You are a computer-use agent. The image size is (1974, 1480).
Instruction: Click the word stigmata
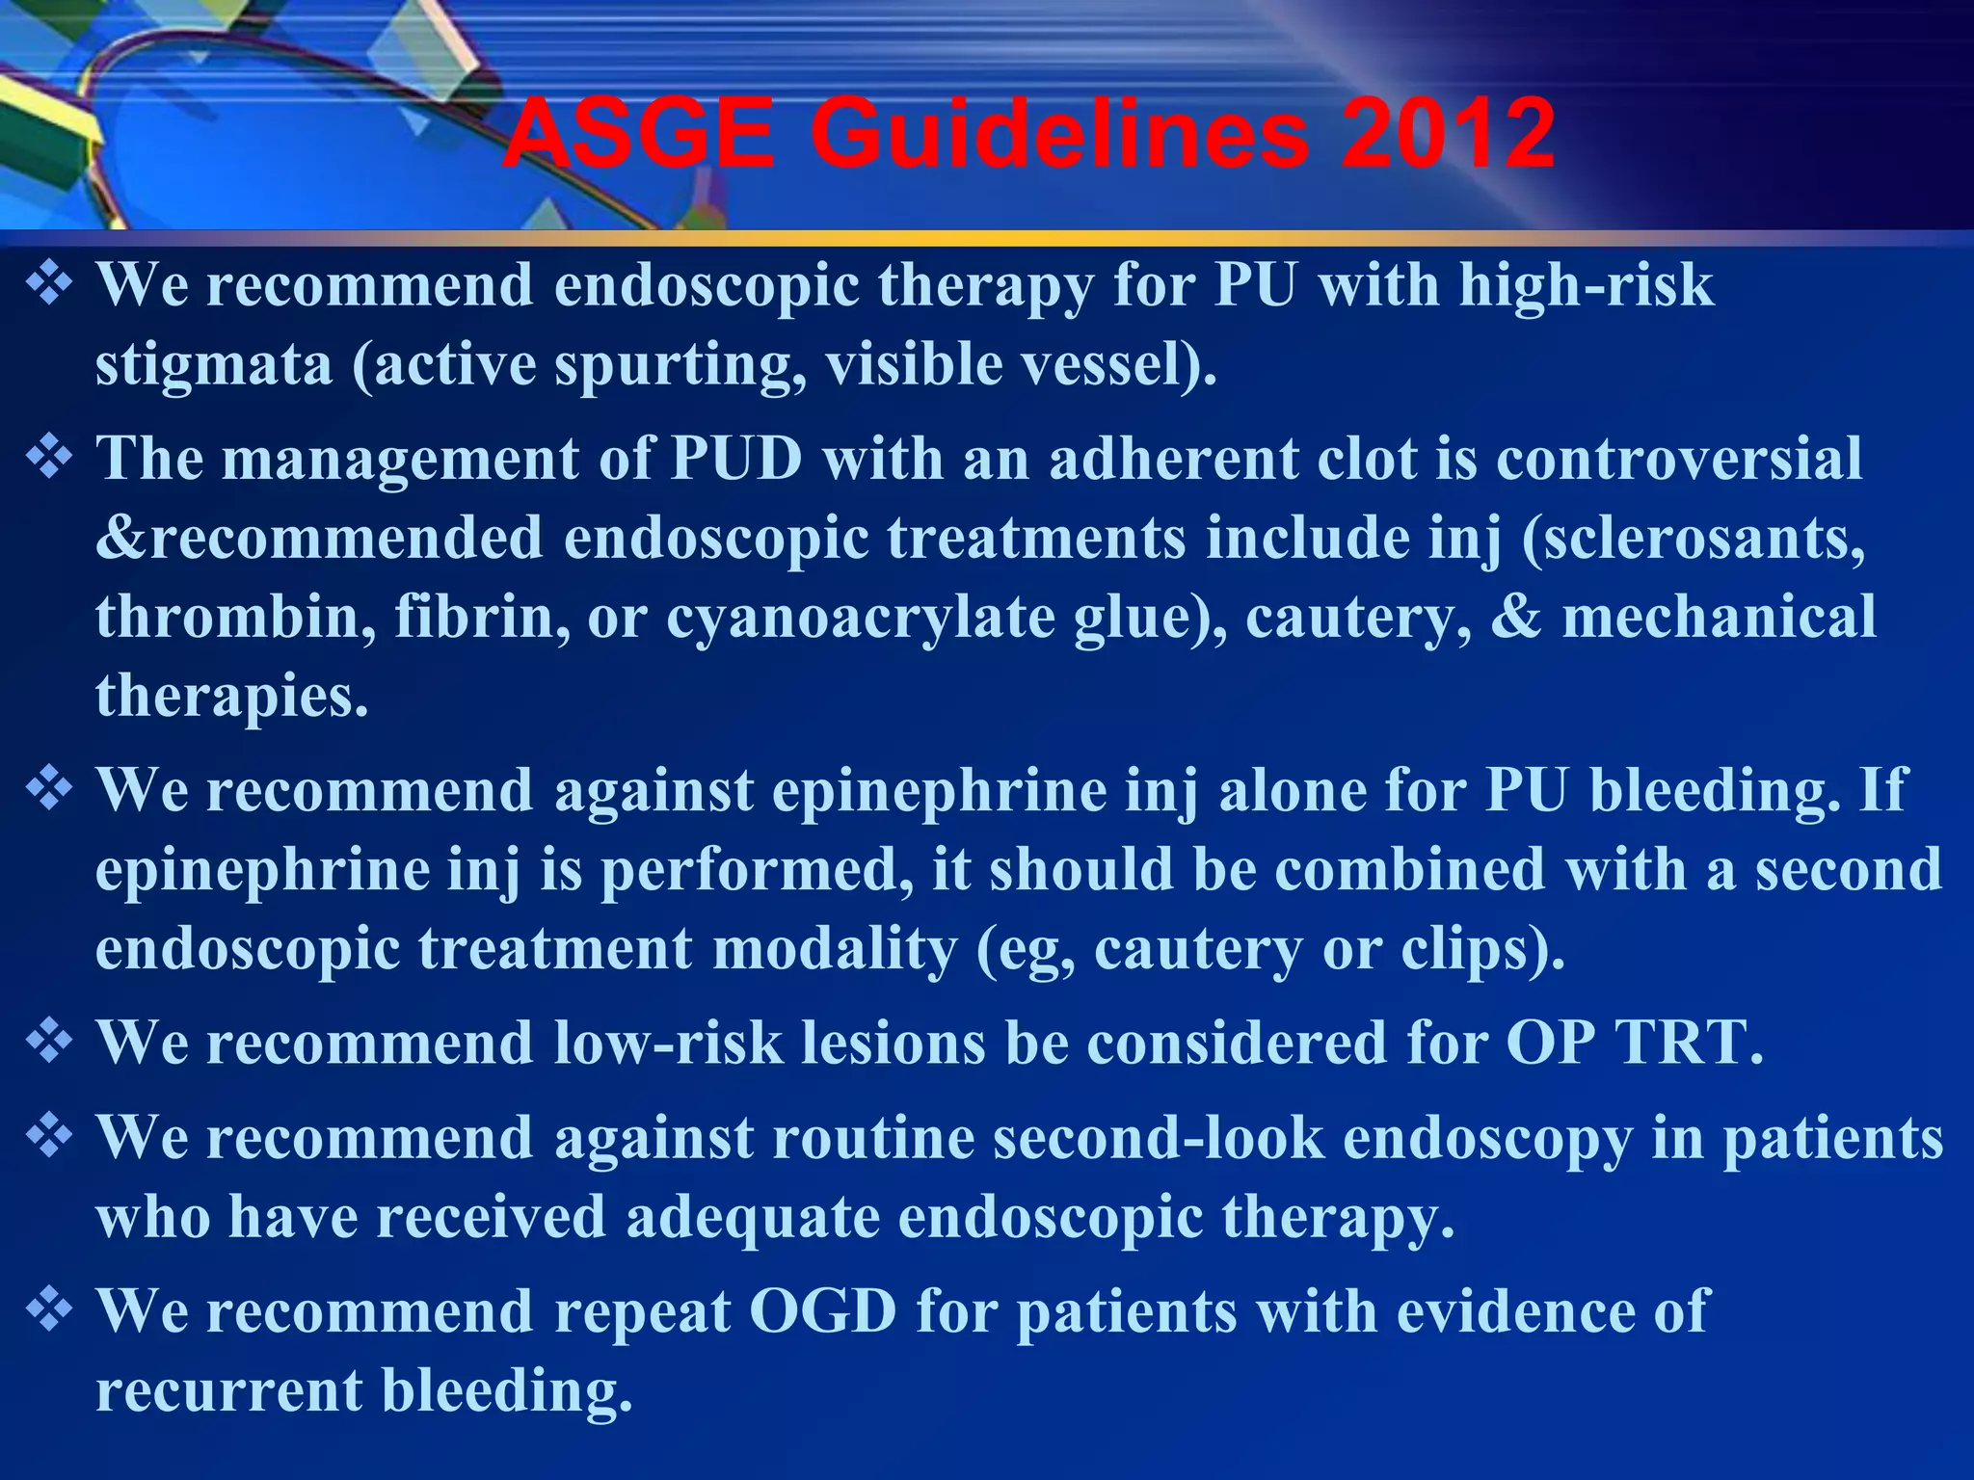(213, 365)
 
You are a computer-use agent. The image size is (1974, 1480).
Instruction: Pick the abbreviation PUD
(737, 458)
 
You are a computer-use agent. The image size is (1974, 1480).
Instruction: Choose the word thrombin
(235, 617)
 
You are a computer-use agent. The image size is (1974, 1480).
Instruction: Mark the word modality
(835, 949)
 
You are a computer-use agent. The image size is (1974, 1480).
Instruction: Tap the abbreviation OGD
(822, 1311)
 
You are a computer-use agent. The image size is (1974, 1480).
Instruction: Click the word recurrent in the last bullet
(228, 1391)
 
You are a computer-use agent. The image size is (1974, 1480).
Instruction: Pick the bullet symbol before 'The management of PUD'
(49, 457)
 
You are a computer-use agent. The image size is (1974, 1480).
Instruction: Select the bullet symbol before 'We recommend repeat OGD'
(49, 1310)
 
